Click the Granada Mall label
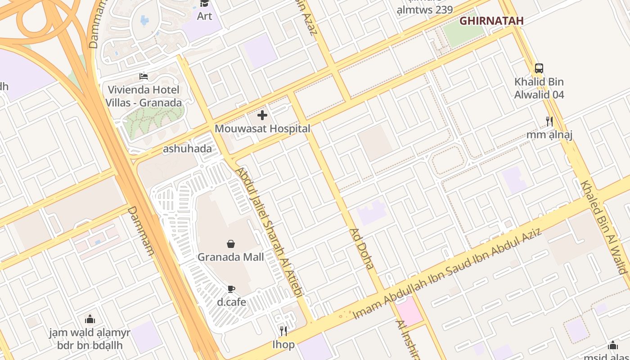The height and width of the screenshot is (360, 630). [231, 257]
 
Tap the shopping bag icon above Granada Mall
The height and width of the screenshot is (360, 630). [231, 244]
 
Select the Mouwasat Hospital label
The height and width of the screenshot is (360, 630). [262, 129]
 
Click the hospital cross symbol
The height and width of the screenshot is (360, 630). [262, 116]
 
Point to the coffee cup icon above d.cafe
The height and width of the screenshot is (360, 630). [231, 289]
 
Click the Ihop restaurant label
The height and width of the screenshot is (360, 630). [283, 345]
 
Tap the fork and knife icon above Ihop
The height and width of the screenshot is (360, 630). [283, 331]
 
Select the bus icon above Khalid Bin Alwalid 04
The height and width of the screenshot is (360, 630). [539, 68]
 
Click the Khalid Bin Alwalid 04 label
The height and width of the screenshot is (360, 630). [539, 88]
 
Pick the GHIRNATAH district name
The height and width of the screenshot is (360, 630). [491, 21]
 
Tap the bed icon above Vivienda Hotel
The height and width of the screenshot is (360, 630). [144, 76]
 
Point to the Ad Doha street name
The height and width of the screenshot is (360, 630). [362, 248]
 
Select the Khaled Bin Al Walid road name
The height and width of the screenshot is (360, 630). [603, 227]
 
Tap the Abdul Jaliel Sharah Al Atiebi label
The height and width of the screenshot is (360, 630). [269, 232]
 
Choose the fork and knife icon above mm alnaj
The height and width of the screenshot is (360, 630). [549, 121]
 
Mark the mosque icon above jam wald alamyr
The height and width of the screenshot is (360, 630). [90, 319]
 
